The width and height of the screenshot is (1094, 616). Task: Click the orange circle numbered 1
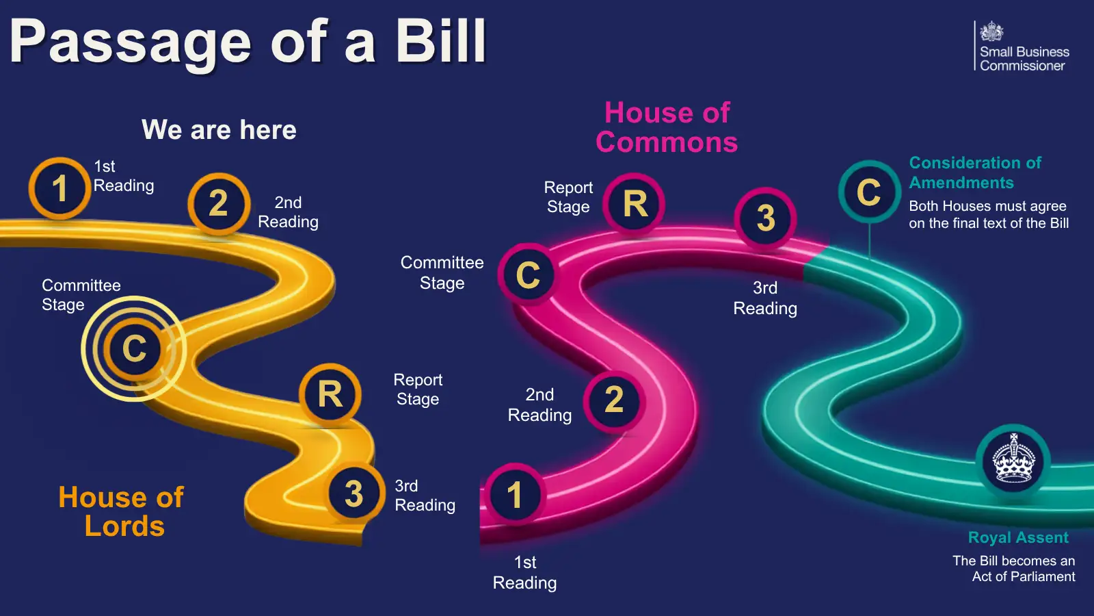tap(59, 188)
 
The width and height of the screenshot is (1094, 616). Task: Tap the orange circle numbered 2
tap(219, 203)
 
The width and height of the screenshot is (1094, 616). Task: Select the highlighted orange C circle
tap(134, 348)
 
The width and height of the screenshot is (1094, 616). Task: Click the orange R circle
tap(330, 394)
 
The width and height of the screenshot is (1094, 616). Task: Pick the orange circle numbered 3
tap(354, 493)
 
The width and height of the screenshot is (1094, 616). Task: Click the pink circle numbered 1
tap(515, 494)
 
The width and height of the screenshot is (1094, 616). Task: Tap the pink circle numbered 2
tap(615, 401)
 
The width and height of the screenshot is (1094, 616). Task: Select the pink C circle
tap(529, 274)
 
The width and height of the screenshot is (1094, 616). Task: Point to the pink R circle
tap(634, 203)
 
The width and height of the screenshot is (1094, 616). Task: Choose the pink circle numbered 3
tap(766, 218)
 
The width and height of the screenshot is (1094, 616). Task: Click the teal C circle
tap(869, 192)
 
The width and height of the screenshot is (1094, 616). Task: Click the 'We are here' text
tap(219, 129)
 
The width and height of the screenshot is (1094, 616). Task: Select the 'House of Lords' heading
tap(121, 511)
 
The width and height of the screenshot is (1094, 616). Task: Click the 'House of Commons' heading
tap(667, 127)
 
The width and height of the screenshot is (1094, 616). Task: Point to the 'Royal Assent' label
tap(1018, 537)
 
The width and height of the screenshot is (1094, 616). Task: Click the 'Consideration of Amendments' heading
tap(975, 172)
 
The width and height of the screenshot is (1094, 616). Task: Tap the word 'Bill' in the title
tap(441, 41)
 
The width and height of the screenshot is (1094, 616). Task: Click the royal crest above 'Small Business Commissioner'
tap(991, 31)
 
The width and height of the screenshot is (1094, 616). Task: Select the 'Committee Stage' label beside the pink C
tap(442, 273)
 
